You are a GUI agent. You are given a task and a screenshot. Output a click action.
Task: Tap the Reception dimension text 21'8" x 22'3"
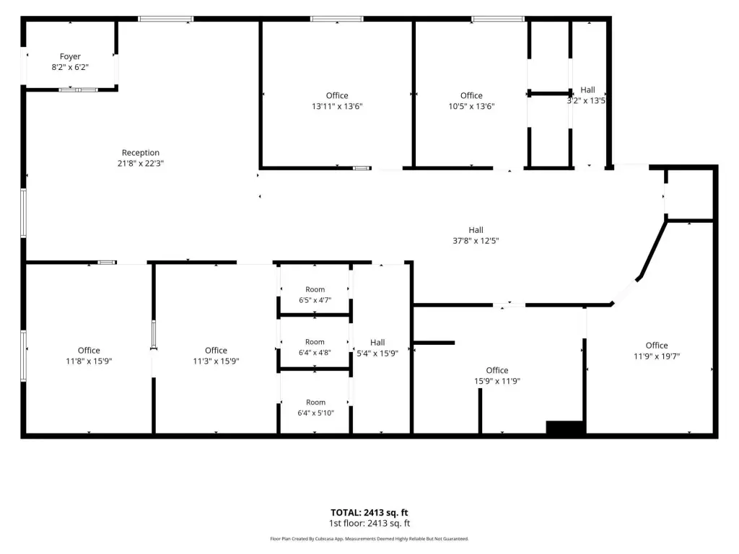[x=141, y=164]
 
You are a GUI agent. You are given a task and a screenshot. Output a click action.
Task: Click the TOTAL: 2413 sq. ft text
[x=369, y=513]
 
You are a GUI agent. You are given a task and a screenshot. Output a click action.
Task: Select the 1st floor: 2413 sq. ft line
[x=369, y=524]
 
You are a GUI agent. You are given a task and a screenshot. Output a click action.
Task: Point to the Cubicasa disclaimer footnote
[x=369, y=539]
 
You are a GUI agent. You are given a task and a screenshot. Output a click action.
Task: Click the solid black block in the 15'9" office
[x=566, y=427]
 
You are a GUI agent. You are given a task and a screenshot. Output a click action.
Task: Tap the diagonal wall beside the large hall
[x=652, y=250]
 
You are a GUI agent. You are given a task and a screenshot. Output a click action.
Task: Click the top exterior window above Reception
[x=165, y=19]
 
